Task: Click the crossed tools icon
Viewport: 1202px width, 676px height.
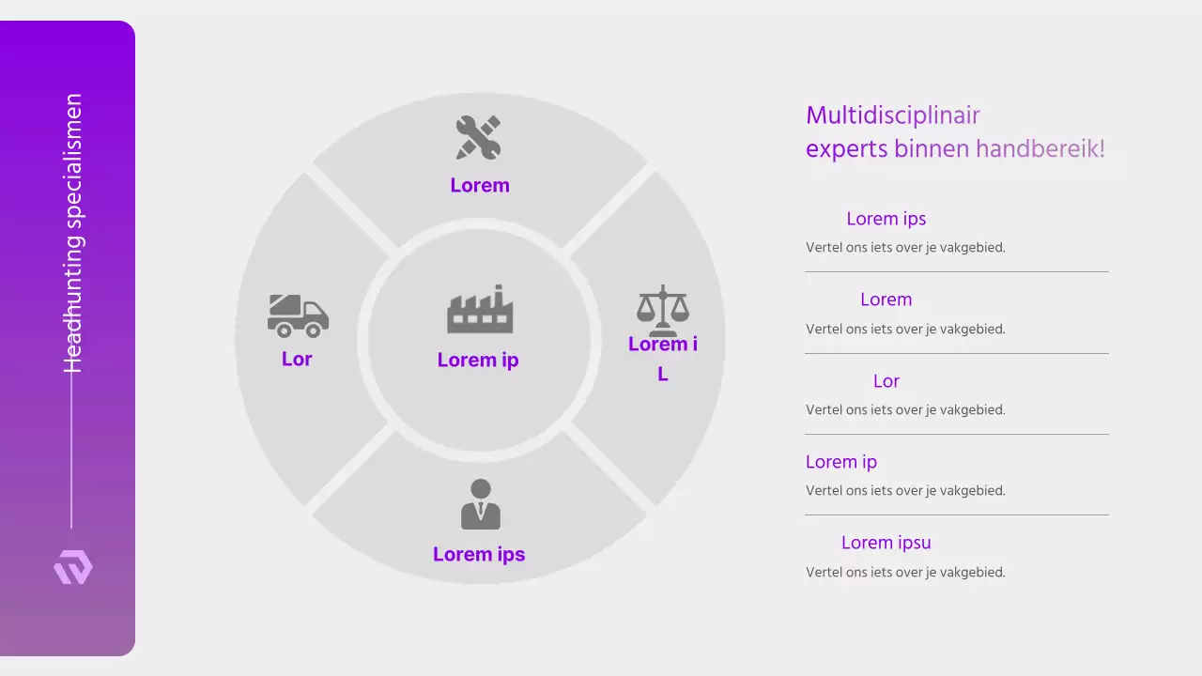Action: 479,137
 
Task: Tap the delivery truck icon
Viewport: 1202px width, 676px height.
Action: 298,315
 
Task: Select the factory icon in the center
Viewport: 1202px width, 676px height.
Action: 480,309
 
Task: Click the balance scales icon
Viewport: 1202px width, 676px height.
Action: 663,310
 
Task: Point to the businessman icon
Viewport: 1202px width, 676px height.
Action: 480,504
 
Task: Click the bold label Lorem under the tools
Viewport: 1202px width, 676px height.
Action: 480,185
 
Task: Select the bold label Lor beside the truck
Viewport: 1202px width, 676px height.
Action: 297,359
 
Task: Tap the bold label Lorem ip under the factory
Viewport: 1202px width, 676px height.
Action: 478,360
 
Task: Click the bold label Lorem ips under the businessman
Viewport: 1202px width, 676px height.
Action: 479,554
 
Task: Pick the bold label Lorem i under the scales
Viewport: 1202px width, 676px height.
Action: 663,345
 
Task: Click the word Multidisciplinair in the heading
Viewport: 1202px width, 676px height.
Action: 893,115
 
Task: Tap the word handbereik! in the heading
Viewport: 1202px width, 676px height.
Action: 1040,148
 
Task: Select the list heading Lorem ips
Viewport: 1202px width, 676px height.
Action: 886,219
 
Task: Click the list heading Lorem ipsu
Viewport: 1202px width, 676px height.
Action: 886,543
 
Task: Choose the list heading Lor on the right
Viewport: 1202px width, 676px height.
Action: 886,381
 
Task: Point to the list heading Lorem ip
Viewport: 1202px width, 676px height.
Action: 841,462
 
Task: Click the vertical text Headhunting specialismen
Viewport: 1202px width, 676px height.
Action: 72,233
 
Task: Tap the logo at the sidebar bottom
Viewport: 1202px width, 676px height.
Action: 73,568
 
